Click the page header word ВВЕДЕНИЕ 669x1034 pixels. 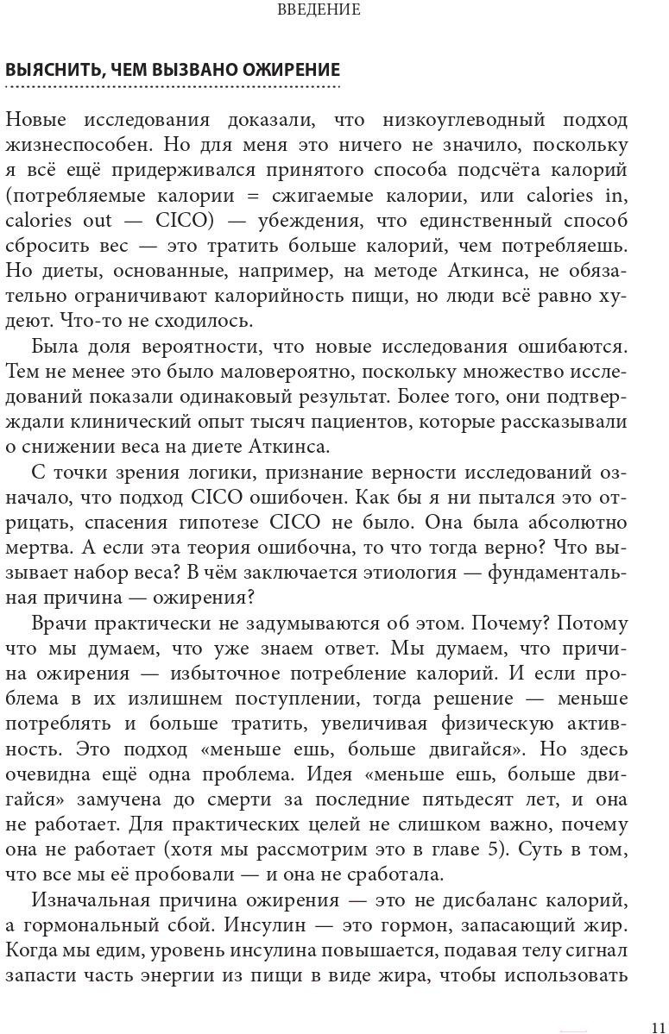click(319, 10)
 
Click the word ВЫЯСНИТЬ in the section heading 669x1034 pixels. click(48, 70)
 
